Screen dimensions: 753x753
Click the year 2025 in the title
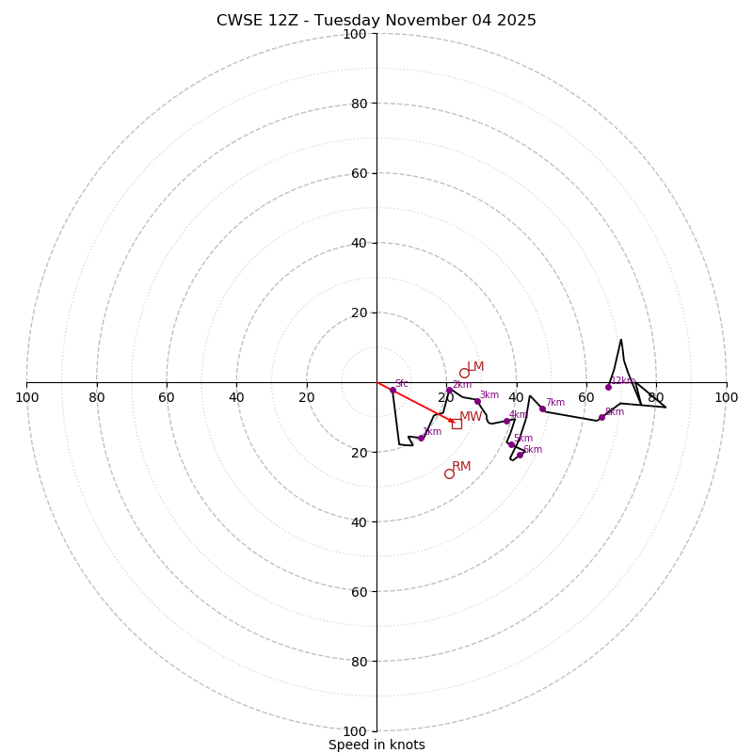click(516, 21)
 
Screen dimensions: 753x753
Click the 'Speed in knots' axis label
click(376, 745)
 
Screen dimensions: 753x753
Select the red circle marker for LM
click(464, 373)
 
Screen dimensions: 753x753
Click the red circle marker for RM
click(449, 473)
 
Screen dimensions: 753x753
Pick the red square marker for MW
click(457, 424)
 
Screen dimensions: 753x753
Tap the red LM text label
click(475, 367)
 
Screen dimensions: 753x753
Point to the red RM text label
click(461, 467)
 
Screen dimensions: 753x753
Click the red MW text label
click(471, 417)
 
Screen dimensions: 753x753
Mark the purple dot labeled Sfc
click(393, 390)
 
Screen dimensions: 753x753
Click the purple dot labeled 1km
click(421, 438)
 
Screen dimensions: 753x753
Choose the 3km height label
click(489, 395)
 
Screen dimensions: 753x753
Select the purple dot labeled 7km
click(542, 409)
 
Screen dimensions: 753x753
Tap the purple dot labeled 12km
click(608, 387)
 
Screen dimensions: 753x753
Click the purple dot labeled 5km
click(511, 444)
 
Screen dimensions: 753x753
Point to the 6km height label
click(533, 450)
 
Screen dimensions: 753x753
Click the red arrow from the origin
click(414, 402)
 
